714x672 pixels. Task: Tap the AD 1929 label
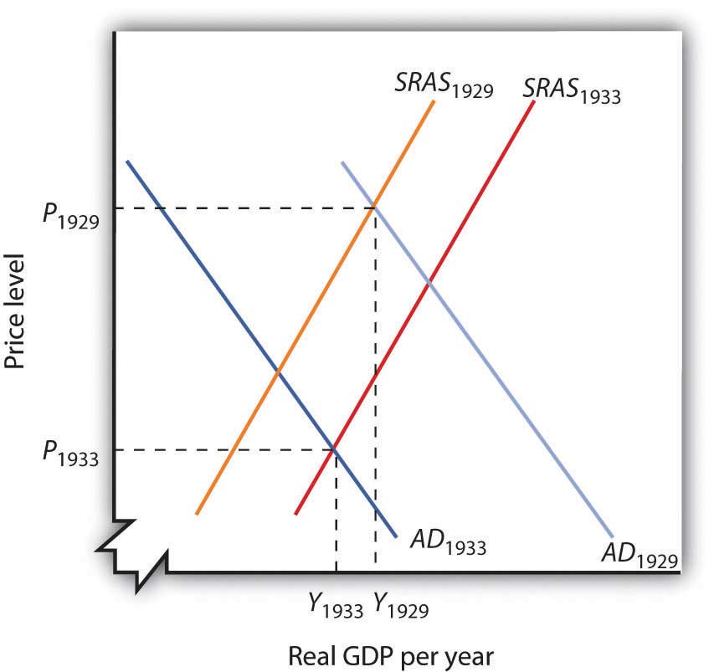click(x=638, y=554)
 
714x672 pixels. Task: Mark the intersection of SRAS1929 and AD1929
click(x=374, y=208)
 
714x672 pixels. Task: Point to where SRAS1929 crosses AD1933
click(x=278, y=369)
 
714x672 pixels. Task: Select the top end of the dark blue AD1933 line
click(x=127, y=160)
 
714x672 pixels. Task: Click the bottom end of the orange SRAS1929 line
click(x=197, y=513)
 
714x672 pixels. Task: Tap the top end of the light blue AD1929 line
click(x=342, y=162)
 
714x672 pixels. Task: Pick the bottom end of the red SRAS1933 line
click(x=296, y=513)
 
